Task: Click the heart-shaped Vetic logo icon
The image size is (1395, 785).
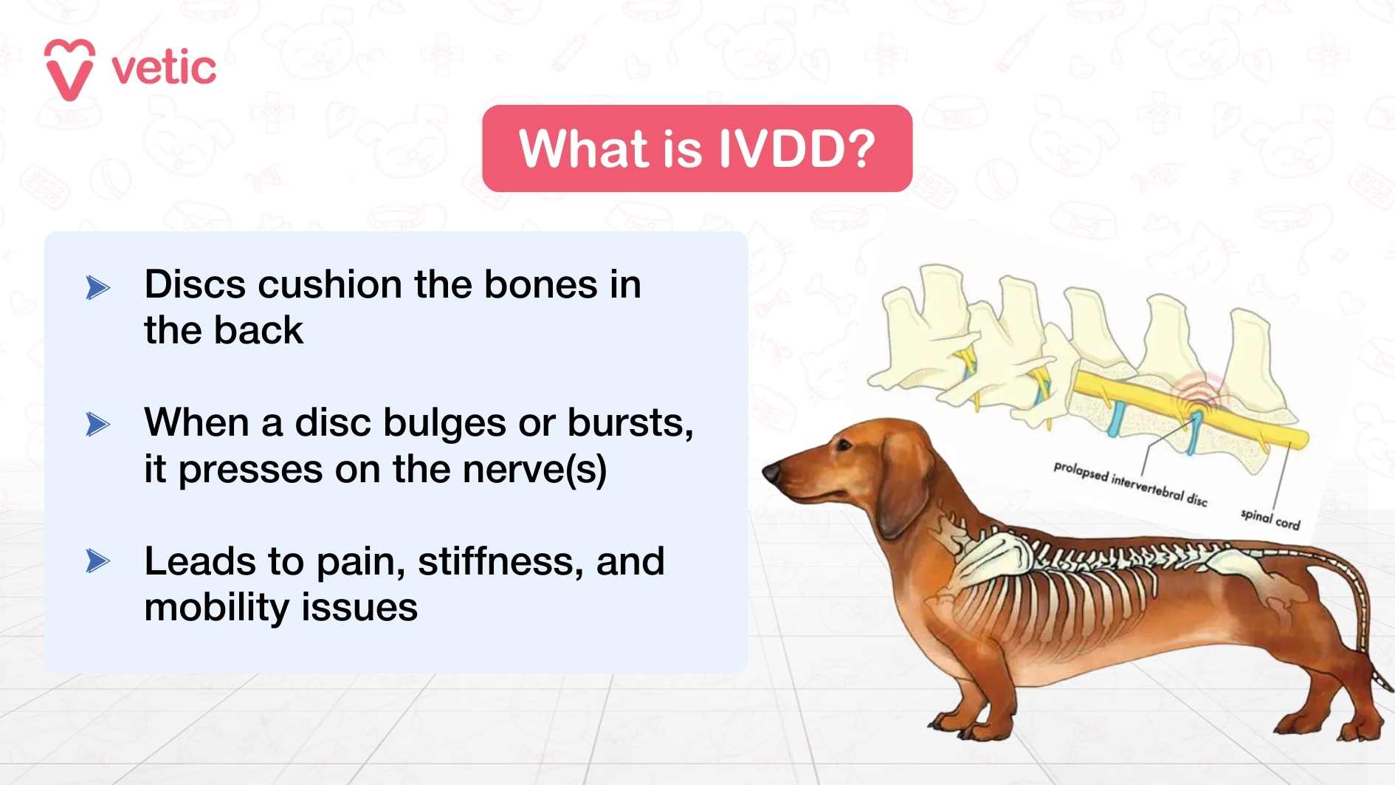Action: click(69, 69)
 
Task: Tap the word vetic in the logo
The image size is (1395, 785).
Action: click(164, 69)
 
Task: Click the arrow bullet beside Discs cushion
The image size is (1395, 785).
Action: click(97, 287)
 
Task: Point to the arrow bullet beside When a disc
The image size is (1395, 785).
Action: click(97, 425)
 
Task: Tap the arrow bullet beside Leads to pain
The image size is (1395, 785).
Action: click(97, 561)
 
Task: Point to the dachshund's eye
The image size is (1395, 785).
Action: click(843, 445)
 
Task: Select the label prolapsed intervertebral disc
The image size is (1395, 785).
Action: click(1129, 484)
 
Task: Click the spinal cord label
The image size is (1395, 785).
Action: click(1270, 518)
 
